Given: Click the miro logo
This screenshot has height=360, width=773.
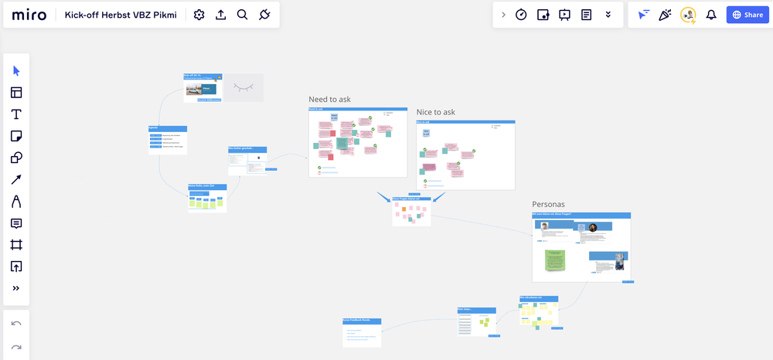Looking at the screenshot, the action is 29,15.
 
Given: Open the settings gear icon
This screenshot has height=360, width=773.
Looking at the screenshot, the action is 199,15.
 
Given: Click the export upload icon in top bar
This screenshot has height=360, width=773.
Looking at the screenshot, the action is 220,15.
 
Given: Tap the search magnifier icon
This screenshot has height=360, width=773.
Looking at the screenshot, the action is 242,15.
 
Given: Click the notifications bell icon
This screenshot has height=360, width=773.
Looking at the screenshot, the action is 711,15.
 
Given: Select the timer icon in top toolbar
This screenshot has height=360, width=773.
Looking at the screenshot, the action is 521,15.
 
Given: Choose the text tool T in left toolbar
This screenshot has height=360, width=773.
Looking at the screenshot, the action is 16,114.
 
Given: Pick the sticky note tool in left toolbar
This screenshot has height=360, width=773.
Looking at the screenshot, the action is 16,136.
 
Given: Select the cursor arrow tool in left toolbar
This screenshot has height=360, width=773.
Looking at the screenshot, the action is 16,71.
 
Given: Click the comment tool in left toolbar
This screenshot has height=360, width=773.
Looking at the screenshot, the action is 16,223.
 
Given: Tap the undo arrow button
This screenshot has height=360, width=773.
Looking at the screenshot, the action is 16,324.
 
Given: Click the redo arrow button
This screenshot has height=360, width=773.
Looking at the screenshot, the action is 16,347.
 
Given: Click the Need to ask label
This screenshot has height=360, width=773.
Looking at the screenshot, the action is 329,100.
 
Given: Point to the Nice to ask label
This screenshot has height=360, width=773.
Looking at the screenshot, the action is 435,112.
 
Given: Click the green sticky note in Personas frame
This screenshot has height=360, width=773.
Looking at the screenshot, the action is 554,260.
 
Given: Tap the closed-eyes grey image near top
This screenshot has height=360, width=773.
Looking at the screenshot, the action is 243,87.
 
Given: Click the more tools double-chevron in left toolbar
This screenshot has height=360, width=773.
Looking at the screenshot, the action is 16,288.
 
